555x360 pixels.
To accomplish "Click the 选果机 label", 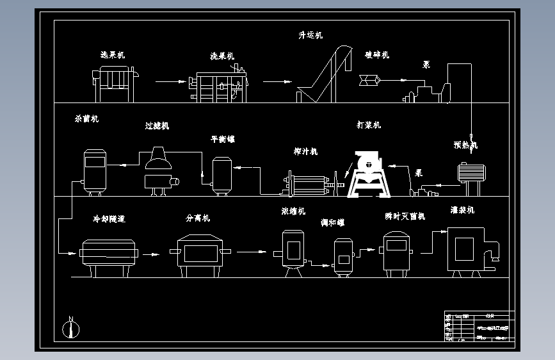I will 113,55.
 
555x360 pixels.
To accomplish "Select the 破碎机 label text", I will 377,54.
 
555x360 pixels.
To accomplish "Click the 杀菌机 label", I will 86,119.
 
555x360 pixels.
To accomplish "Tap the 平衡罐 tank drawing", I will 221,174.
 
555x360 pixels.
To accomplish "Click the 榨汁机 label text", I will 305,152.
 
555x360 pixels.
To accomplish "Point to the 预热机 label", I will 465,145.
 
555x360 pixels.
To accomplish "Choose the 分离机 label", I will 198,218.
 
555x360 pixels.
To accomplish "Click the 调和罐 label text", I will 332,223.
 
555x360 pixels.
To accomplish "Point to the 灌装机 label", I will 462,209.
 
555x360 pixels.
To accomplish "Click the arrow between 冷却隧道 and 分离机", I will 151,254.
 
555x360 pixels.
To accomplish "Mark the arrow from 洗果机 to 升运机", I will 278,81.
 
